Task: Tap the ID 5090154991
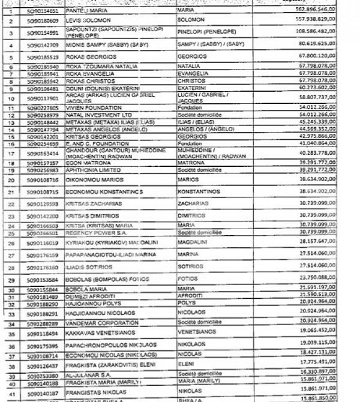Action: pos(42,32)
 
